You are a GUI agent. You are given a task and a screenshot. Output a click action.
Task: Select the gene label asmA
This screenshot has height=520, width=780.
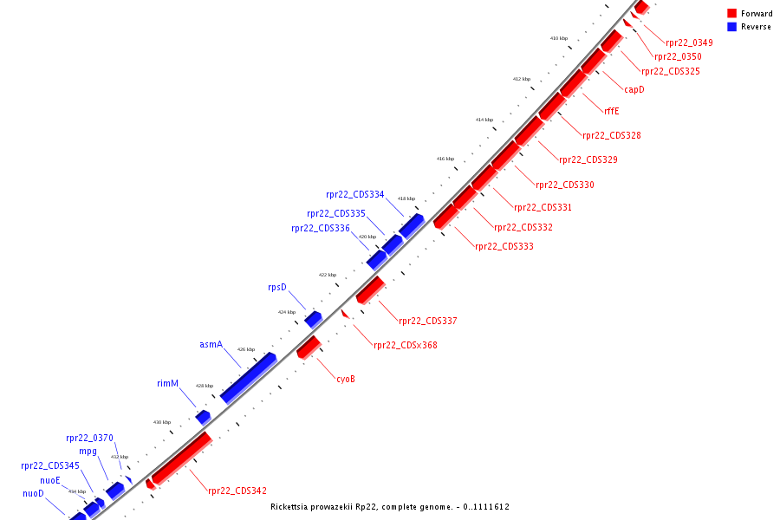211,344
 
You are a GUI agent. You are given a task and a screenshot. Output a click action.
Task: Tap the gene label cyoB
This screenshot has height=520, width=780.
346,379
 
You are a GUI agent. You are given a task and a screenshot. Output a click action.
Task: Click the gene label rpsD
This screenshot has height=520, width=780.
276,288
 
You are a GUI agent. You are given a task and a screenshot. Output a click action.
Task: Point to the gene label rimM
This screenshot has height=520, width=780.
167,383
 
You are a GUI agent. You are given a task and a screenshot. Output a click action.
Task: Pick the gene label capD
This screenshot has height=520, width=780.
634,89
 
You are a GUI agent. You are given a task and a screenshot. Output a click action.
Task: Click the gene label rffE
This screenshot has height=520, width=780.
612,110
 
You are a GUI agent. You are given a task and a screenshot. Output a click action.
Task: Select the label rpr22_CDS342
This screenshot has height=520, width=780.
237,491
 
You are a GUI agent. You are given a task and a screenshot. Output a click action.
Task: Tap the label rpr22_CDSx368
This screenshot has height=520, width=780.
405,345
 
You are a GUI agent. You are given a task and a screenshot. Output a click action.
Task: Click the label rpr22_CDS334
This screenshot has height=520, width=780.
355,194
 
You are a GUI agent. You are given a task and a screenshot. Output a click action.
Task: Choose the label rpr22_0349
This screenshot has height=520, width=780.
689,42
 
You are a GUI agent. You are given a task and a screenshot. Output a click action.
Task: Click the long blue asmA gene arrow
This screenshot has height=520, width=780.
248,378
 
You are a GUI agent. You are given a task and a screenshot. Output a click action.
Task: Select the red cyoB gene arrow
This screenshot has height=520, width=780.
309,348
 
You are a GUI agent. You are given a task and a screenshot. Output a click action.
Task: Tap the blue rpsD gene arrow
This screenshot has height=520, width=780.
313,320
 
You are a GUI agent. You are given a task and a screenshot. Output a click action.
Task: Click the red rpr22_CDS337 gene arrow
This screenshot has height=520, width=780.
370,290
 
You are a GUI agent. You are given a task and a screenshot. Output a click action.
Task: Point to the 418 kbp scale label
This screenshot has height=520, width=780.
406,198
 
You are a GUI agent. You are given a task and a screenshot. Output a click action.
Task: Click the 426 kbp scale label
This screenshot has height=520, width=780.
246,349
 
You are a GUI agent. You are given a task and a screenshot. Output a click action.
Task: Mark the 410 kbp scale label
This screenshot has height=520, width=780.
559,38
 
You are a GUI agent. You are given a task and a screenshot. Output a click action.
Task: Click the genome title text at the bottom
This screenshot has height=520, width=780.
389,506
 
